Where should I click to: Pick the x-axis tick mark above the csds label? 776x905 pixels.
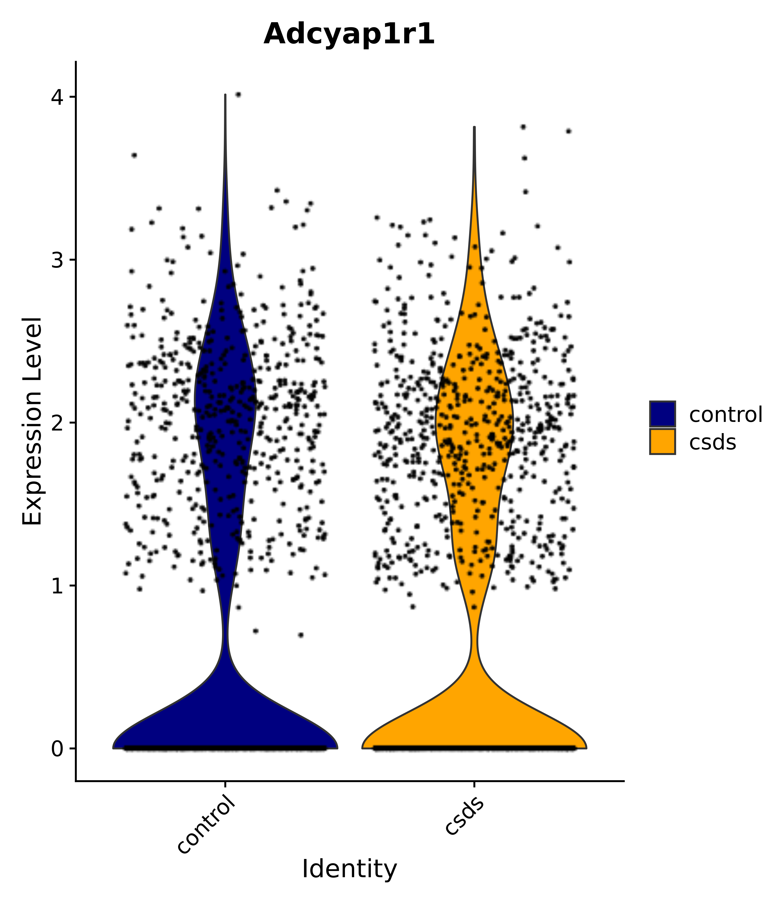tap(474, 784)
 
